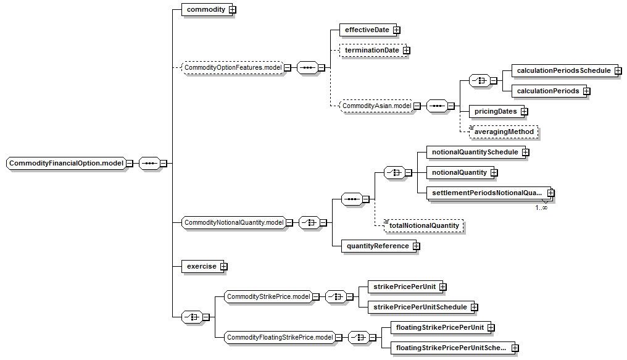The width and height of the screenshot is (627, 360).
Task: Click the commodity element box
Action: tap(206, 10)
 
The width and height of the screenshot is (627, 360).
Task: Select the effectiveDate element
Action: tap(367, 30)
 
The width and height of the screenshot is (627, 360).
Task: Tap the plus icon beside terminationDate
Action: tap(407, 51)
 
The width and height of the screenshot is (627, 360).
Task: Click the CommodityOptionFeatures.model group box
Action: tap(233, 67)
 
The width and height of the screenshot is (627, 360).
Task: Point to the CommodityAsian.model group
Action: tap(376, 106)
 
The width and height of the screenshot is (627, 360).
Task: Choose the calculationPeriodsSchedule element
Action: tap(564, 71)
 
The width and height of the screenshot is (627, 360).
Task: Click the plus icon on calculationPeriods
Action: tap(587, 91)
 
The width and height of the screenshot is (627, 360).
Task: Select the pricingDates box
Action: tap(496, 112)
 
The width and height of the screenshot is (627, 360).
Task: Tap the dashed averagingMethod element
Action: tap(504, 132)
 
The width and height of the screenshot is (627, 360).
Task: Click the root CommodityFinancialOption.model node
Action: tap(66, 163)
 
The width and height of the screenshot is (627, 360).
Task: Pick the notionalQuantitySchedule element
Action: tap(476, 153)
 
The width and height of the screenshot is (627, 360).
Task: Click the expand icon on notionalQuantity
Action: tap(494, 173)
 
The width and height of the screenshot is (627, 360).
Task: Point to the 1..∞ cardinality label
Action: tap(541, 207)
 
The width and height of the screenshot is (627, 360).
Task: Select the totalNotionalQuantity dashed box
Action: tap(424, 225)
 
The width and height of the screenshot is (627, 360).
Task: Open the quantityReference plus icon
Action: tap(417, 246)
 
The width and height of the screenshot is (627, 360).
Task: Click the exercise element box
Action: tap(202, 266)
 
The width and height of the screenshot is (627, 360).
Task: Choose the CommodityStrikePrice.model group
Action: tap(268, 297)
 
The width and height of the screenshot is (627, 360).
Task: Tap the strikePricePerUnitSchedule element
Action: tap(421, 307)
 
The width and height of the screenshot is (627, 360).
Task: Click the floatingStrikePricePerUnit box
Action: tap(441, 328)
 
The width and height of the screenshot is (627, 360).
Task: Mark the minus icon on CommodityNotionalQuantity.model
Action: tap(289, 223)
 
